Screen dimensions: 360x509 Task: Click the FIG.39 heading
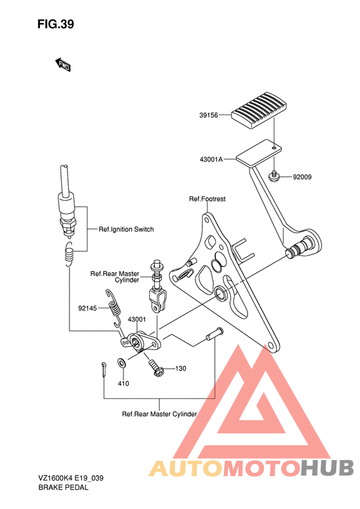[55, 24]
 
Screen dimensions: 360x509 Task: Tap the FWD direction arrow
[63, 64]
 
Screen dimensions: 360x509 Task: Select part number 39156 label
[208, 115]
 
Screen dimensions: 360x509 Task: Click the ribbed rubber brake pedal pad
[260, 111]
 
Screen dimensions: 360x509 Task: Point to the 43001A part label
[211, 160]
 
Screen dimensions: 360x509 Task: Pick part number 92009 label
[302, 177]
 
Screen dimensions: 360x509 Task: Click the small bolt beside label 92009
[274, 176]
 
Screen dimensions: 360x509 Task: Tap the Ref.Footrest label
[207, 199]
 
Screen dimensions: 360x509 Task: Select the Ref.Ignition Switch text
[126, 229]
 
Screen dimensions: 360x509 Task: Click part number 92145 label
[87, 308]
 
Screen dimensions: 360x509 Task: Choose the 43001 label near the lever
[136, 319]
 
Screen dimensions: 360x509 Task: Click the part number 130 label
[181, 369]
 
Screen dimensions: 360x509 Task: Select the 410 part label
[123, 384]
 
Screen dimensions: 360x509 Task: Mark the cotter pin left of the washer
[104, 369]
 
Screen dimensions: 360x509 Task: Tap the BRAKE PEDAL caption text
[63, 487]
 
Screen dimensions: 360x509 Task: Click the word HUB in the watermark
[327, 468]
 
